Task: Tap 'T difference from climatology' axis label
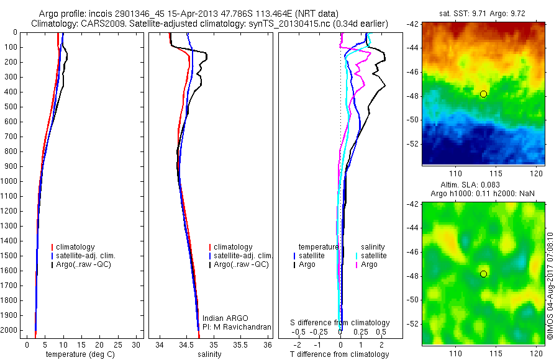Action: [x=339, y=354]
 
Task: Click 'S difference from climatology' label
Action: [x=340, y=323]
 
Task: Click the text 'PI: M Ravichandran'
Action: [x=237, y=327]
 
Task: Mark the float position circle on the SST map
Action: [x=483, y=94]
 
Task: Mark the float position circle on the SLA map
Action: [x=483, y=274]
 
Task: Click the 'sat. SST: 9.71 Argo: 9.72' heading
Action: [x=483, y=13]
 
